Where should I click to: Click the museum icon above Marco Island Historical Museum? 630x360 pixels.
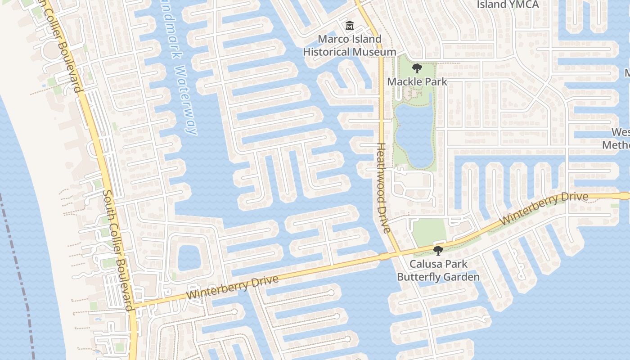tap(349, 25)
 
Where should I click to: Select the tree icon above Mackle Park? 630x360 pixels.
tap(417, 68)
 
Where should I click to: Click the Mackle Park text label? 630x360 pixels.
tap(417, 81)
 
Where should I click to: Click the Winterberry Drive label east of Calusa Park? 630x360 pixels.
tap(544, 208)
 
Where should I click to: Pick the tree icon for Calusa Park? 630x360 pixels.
tap(438, 251)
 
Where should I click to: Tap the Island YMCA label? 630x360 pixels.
tap(508, 4)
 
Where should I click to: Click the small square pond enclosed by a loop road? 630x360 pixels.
tap(189, 258)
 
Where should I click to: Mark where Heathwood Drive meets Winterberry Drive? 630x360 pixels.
tap(398, 254)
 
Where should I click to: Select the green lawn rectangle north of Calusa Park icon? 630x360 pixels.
tap(429, 232)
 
